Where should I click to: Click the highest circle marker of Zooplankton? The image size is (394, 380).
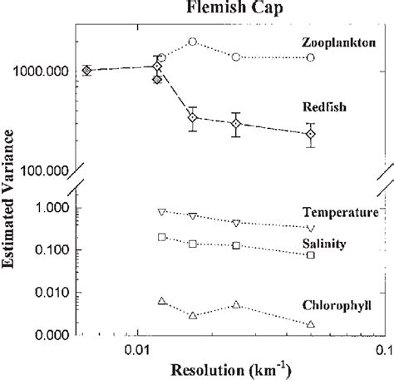[x=193, y=41]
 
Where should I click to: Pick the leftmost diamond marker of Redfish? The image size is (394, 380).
[x=87, y=71]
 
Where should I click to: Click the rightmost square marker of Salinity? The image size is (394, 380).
[x=311, y=254]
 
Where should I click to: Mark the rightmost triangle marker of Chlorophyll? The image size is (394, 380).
[x=311, y=323]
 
